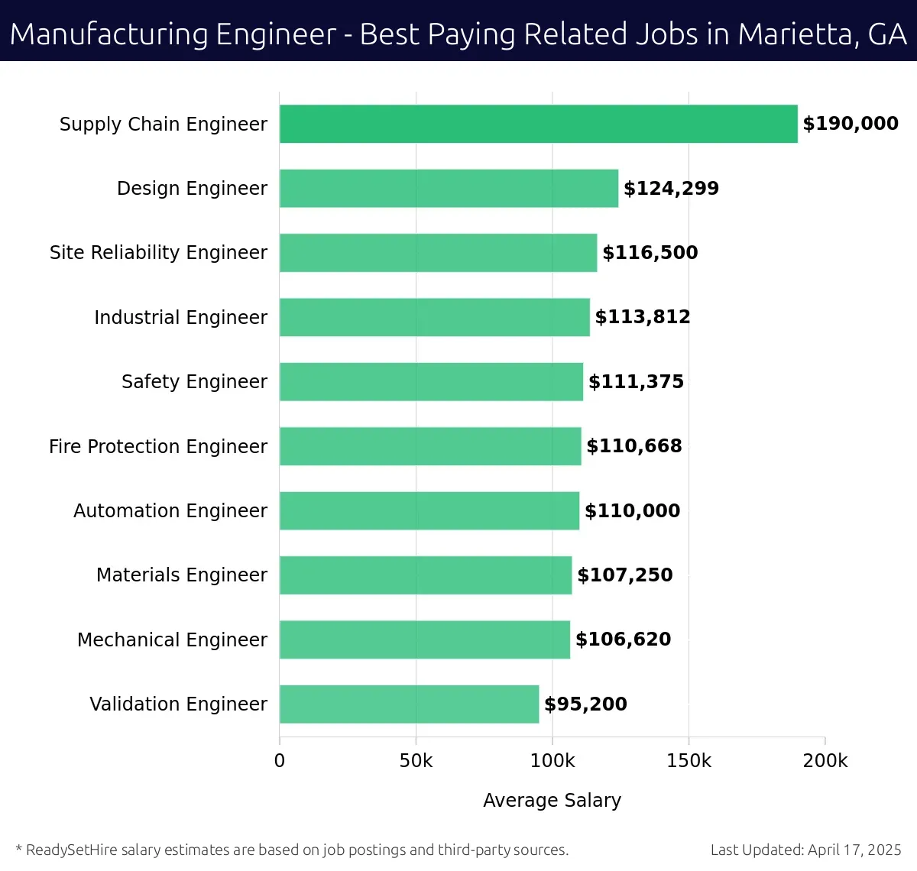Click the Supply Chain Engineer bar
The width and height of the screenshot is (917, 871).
538,124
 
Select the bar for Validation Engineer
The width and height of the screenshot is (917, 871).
409,704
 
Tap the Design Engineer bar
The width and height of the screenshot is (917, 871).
449,188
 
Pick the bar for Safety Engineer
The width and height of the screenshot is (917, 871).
431,381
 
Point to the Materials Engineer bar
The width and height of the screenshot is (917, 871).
426,575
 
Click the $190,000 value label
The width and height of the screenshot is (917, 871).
850,124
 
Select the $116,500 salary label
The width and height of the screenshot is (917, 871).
650,252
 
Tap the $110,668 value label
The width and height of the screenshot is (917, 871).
633,445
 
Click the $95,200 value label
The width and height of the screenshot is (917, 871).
585,704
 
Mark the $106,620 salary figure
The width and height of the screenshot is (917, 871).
623,639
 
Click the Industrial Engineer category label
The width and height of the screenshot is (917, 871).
180,317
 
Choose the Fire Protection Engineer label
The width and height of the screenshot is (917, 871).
158,446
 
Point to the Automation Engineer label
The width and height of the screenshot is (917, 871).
170,510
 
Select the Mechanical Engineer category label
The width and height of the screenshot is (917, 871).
172,639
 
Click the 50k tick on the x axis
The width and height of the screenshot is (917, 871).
416,761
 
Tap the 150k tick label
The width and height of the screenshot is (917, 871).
689,761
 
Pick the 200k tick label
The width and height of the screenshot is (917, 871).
825,761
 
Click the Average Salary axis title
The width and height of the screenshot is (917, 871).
552,800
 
